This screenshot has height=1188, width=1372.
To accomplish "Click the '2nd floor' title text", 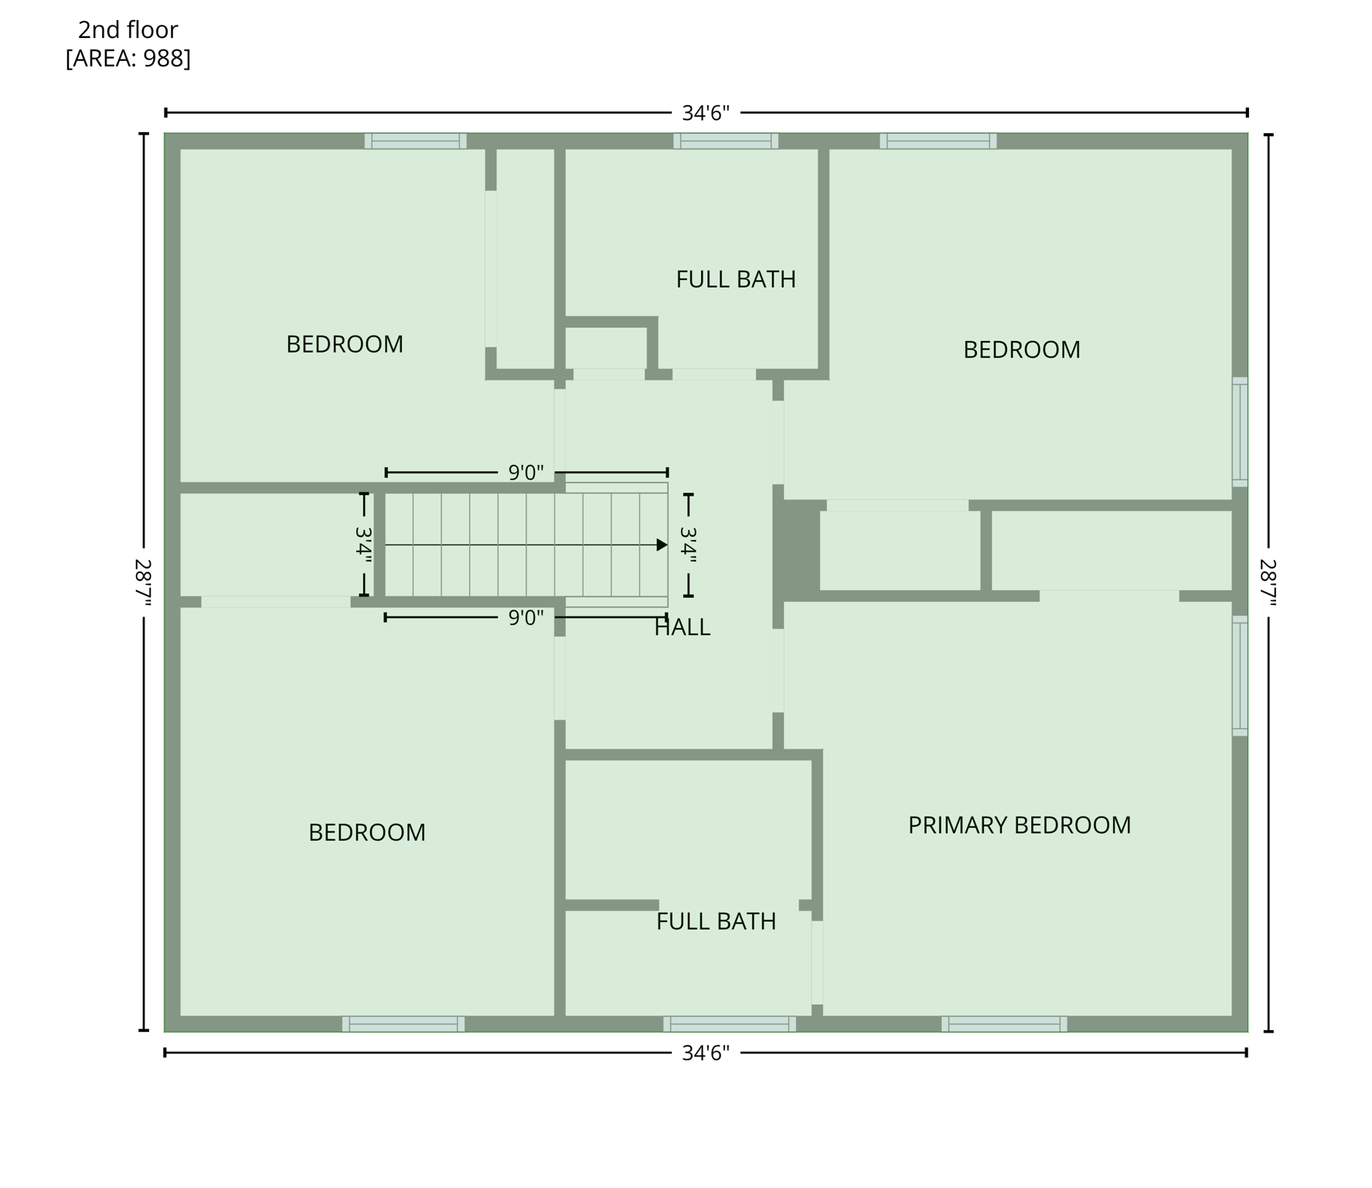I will point(128,30).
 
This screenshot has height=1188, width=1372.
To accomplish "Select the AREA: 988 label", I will point(128,58).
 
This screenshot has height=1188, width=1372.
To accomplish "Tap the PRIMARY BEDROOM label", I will point(1019,825).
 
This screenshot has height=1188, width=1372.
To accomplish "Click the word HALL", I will point(682,627).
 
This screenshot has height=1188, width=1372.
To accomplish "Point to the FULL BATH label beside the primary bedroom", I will point(716,921).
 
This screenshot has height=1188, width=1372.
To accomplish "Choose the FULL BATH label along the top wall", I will point(735,279).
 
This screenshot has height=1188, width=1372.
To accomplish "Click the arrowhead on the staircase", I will point(661,545).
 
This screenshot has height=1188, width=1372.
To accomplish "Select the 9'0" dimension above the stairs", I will point(526,473).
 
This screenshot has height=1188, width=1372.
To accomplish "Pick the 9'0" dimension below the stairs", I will point(526,618).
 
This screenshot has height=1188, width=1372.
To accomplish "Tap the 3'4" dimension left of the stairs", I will point(363,544).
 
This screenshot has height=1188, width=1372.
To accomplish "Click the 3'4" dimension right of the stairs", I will point(688,544).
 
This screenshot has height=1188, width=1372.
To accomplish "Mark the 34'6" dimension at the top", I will point(705,114).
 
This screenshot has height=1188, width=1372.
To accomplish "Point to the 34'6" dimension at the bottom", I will point(705,1053).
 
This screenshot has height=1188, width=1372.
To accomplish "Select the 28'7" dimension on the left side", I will point(143,582).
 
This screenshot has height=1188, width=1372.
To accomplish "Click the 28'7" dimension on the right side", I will point(1268,582).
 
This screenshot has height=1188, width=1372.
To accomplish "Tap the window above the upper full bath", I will point(725,141).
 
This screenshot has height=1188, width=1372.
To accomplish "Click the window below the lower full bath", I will point(729,1024).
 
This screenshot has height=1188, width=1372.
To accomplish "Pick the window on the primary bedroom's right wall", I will point(1240,675).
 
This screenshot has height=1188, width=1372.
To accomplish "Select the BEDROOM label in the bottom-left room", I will point(366,832).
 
